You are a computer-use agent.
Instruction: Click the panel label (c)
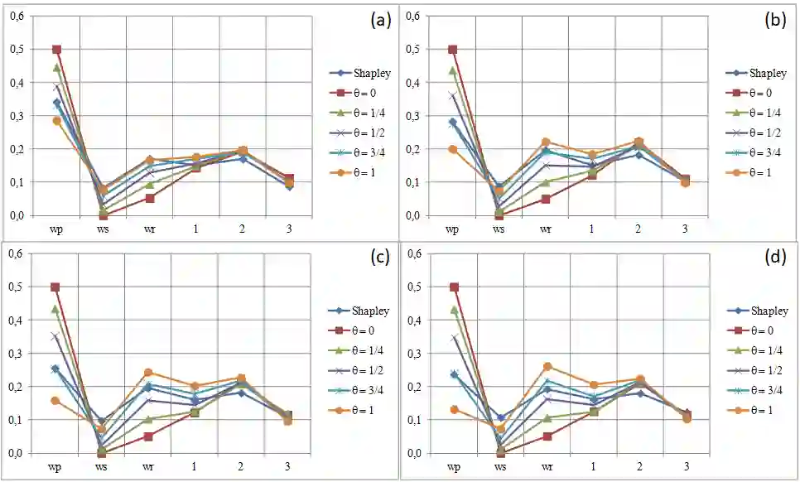pos(379,258)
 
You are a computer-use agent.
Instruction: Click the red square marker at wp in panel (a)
pos(56,50)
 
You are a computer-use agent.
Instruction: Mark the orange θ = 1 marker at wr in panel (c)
pos(148,373)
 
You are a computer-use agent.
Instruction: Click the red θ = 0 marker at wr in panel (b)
pos(546,199)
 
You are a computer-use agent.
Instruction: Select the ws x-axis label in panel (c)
pos(102,467)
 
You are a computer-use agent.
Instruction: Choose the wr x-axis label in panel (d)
pos(546,467)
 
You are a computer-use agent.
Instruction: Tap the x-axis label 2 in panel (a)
pos(242,229)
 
